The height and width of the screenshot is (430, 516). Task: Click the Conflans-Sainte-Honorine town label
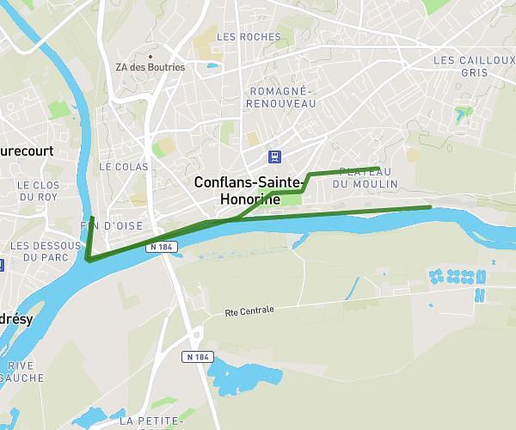(249, 190)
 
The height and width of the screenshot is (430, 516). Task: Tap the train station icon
(273, 156)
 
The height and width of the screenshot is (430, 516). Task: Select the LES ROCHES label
(249, 37)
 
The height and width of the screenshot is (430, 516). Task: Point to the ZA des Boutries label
(150, 67)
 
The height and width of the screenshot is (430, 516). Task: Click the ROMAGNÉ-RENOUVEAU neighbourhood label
(280, 97)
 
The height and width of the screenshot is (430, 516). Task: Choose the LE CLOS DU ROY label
(38, 190)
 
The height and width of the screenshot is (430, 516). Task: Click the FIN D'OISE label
(112, 225)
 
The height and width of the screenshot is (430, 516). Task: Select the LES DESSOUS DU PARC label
(38, 251)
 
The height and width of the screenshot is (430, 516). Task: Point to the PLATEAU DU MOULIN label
(365, 178)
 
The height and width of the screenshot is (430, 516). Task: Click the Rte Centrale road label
(249, 310)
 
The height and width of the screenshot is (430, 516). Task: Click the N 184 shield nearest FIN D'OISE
(161, 247)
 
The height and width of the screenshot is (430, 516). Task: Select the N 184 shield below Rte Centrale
(197, 356)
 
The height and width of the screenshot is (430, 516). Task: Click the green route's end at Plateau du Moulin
(378, 168)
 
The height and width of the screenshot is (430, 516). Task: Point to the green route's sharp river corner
(88, 258)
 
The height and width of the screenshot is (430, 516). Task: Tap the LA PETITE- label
(151, 421)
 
